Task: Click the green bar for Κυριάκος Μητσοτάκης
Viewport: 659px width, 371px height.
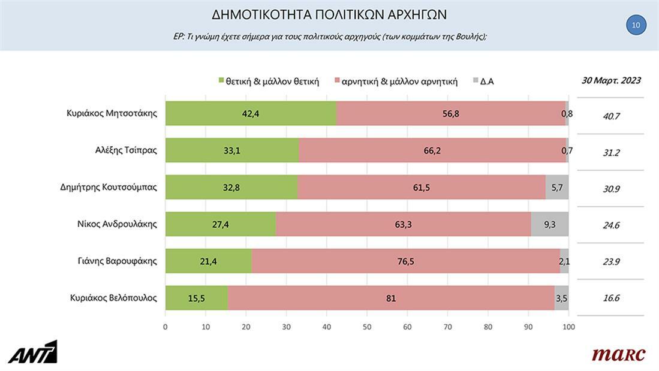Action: [x=251, y=113]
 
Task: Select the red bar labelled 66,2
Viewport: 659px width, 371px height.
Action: [x=432, y=150]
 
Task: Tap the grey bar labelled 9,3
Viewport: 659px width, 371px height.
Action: [x=549, y=224]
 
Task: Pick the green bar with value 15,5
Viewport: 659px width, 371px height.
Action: [x=196, y=298]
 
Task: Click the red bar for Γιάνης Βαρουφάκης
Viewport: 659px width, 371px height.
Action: [x=406, y=261]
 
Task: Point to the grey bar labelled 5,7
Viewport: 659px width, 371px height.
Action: [x=557, y=187]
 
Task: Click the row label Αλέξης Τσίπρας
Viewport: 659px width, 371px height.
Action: [x=122, y=150]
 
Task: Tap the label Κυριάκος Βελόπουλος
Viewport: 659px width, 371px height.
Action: [x=113, y=298]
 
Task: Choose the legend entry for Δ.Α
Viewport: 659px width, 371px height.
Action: [x=486, y=82]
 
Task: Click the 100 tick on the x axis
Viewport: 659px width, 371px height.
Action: [x=568, y=327]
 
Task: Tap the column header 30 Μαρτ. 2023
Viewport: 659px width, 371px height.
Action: [x=610, y=80]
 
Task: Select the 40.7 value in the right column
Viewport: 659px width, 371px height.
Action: [x=610, y=116]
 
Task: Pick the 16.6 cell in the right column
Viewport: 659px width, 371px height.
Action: [x=610, y=298]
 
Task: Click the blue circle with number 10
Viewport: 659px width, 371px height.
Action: [x=636, y=25]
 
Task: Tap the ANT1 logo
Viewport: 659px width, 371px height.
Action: [x=33, y=352]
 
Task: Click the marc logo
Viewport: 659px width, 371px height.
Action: [x=618, y=355]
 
